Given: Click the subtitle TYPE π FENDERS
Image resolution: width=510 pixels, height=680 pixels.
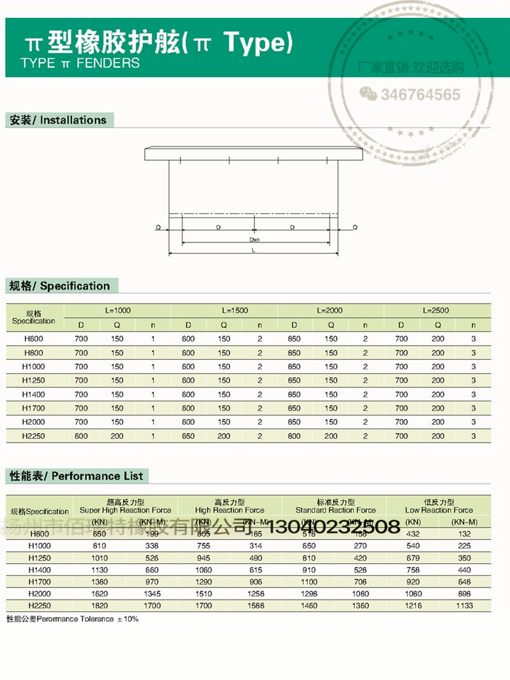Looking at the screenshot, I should (80, 63).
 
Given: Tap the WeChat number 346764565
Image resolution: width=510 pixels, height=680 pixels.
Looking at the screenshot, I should (420, 95).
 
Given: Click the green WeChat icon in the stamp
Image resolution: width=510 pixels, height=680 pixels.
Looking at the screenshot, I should (368, 94).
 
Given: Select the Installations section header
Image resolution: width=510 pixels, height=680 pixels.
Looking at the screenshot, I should (57, 120).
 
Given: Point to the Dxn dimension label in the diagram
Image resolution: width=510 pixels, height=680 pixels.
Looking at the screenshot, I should (254, 240).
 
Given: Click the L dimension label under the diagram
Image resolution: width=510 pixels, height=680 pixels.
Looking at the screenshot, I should (253, 251).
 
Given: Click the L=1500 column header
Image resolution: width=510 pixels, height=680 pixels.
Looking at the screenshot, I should (235, 311).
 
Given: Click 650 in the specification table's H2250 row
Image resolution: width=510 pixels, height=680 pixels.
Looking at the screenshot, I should (188, 436).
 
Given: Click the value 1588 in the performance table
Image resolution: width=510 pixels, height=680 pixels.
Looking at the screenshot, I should (256, 605).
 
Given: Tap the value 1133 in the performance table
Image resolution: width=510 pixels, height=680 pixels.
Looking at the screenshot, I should (464, 605).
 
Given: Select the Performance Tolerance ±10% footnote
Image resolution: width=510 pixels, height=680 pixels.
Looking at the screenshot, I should (72, 619).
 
